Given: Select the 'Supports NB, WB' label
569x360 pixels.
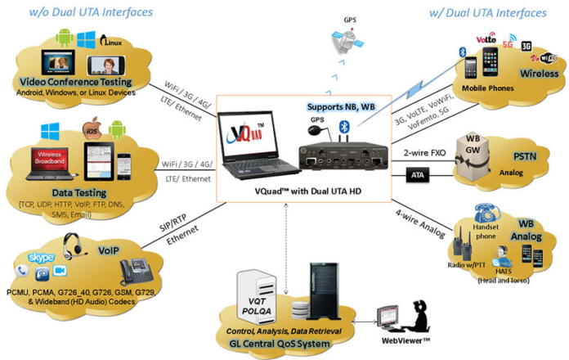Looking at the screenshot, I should pos(341,107).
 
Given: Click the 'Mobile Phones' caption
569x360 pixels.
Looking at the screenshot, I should pos(487,87).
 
